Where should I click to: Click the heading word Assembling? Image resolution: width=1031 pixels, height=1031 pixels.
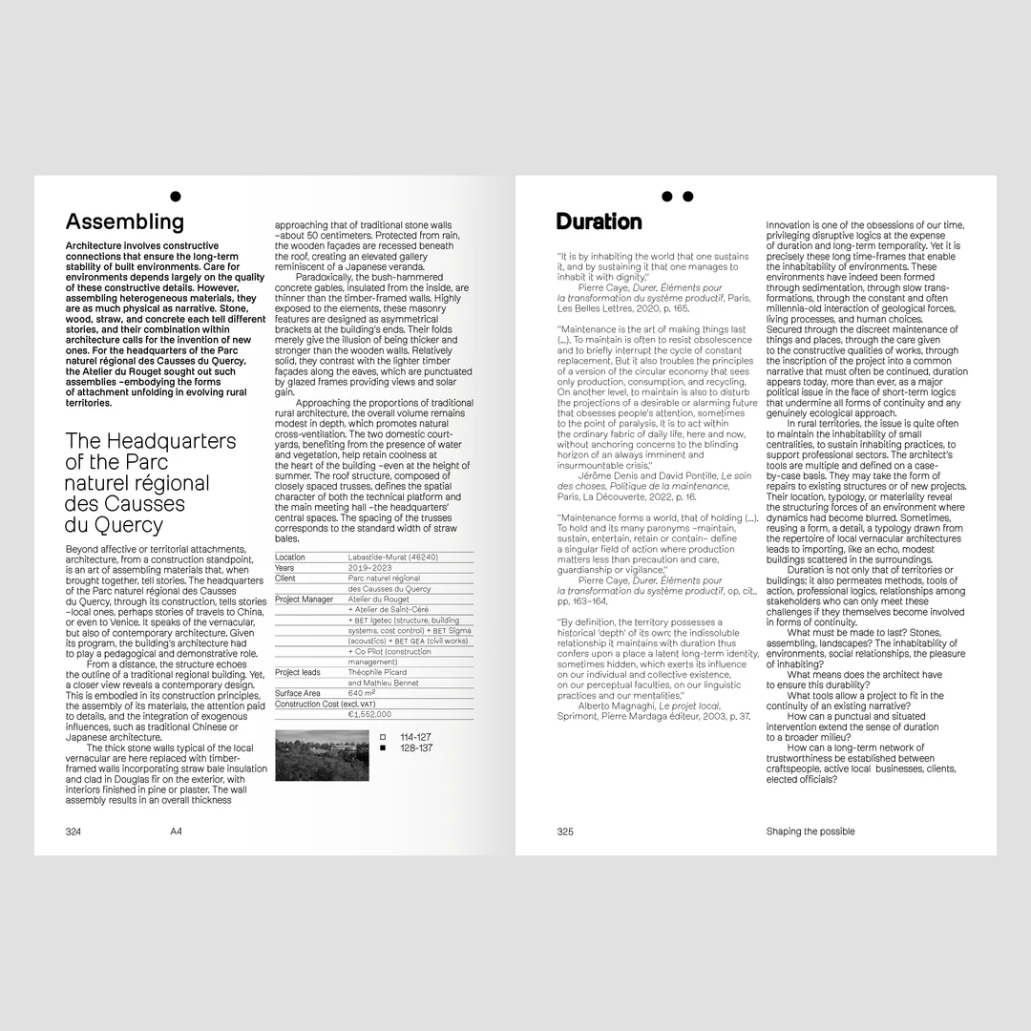click(x=124, y=222)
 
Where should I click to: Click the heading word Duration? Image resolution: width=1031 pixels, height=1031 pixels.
click(x=599, y=222)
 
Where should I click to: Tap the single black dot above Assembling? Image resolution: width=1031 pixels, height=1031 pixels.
click(x=175, y=197)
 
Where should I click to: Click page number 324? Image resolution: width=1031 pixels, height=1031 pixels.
click(x=74, y=831)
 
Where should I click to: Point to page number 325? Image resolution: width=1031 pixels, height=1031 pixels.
click(x=565, y=831)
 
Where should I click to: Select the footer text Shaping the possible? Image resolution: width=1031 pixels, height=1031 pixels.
click(x=810, y=831)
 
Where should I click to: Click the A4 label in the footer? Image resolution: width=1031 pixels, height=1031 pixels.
click(x=177, y=831)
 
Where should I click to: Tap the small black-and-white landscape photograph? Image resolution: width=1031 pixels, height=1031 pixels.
click(x=322, y=755)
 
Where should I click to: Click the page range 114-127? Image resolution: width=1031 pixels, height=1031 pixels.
click(x=416, y=737)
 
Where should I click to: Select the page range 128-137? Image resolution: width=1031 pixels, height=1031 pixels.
click(x=416, y=748)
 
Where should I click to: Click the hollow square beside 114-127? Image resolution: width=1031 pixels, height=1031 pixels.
click(x=383, y=737)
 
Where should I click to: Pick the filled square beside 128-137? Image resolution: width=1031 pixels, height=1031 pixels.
click(x=383, y=748)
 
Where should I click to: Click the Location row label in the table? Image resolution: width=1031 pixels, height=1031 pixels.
click(x=290, y=557)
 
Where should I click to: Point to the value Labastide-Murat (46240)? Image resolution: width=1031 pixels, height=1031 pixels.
click(x=392, y=557)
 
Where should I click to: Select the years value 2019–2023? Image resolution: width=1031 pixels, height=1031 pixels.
click(x=370, y=567)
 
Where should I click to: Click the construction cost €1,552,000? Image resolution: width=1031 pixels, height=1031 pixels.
click(x=369, y=714)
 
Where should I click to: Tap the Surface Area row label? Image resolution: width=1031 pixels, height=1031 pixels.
click(x=298, y=693)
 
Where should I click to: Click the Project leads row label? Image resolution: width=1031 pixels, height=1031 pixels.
click(x=298, y=672)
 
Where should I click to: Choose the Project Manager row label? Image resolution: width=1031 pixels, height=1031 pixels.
click(x=305, y=600)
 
